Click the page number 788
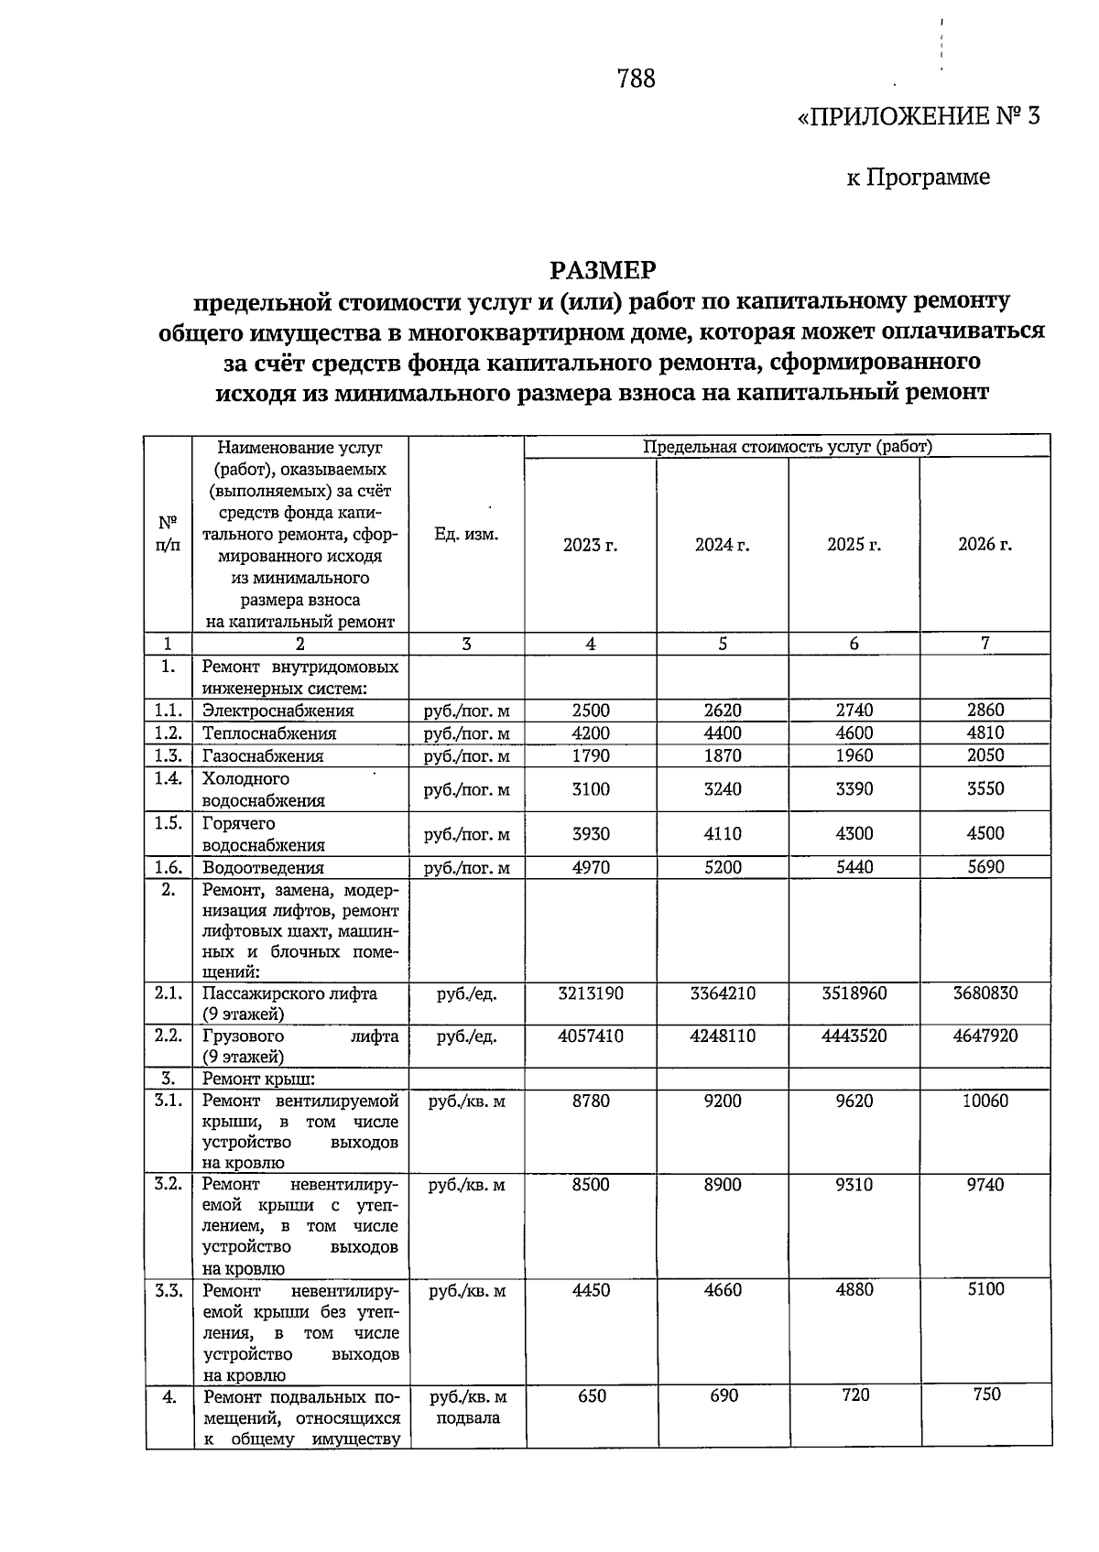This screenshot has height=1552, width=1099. click(637, 79)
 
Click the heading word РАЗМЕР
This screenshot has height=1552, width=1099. click(604, 270)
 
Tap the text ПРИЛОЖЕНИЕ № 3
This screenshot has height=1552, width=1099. click(919, 117)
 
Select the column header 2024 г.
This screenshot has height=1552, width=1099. click(722, 545)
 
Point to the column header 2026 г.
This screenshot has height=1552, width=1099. click(985, 545)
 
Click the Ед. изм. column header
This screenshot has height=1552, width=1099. click(466, 535)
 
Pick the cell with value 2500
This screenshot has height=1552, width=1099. click(591, 711)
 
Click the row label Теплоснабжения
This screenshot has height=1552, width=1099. click(269, 733)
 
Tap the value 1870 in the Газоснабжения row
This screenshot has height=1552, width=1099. click(722, 755)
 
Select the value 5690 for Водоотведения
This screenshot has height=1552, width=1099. click(985, 867)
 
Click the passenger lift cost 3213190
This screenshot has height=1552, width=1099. click(591, 993)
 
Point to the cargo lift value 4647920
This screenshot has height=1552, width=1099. click(985, 1036)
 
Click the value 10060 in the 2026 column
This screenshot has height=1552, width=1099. click(985, 1102)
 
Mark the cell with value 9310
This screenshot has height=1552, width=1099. click(854, 1185)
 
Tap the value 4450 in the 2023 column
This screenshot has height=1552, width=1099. click(591, 1290)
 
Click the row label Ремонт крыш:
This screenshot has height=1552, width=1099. click(258, 1079)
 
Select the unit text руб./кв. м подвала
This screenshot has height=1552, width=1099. click(467, 1407)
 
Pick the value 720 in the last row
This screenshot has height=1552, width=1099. click(854, 1395)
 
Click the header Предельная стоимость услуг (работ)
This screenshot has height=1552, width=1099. click(787, 447)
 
